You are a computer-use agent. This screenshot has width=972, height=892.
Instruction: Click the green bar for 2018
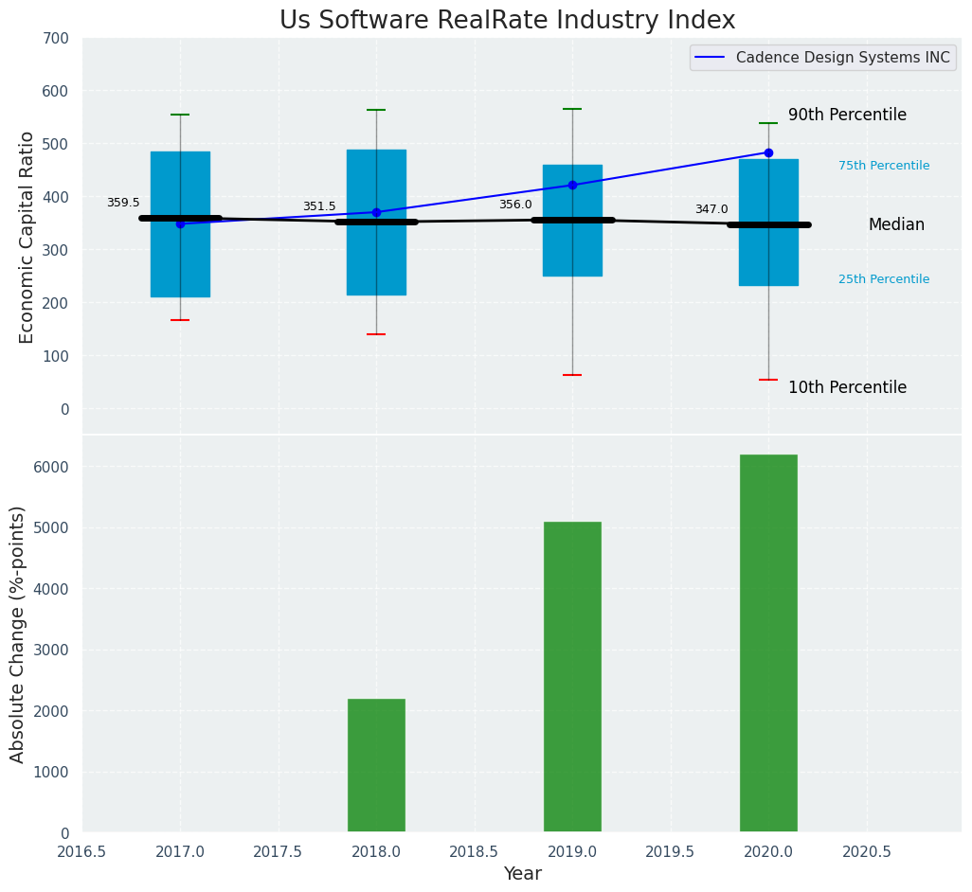coord(376,765)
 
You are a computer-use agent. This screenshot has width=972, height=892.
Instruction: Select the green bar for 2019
coord(572,676)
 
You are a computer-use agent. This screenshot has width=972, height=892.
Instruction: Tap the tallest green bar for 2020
coord(768,643)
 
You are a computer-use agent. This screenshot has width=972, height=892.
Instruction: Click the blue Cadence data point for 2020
coord(768,152)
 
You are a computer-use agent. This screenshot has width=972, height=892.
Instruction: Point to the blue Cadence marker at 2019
coord(572,185)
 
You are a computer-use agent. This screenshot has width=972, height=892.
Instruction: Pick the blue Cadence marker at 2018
coord(376,212)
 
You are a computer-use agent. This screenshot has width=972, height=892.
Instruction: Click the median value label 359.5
coord(123,203)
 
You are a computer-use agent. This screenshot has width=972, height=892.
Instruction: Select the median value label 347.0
coord(711,209)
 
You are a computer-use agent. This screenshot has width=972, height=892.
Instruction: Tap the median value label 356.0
coord(515,205)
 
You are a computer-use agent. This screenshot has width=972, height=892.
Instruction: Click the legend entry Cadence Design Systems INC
coord(842,58)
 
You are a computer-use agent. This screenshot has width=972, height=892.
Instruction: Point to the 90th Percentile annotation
coord(847,115)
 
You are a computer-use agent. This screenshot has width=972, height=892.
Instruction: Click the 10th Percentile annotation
coord(847,387)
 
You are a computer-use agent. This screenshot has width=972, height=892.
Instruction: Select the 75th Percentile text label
coord(884,166)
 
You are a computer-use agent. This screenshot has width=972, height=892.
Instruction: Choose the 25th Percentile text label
coord(884,279)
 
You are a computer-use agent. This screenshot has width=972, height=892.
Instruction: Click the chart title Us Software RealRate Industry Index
coord(507,21)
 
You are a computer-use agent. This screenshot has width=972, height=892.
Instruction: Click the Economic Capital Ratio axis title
coord(27,237)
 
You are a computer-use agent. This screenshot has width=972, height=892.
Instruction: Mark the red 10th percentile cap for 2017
coord(180,320)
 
